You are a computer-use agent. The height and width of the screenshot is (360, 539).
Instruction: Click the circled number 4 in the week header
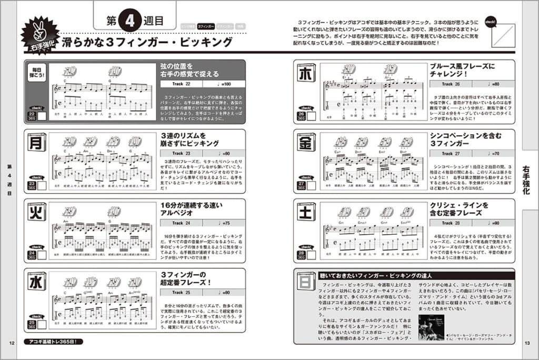coord(129,21)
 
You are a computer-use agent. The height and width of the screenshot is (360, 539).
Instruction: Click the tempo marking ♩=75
coord(225,223)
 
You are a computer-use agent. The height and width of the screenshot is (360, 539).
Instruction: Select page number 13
coord(528,344)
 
